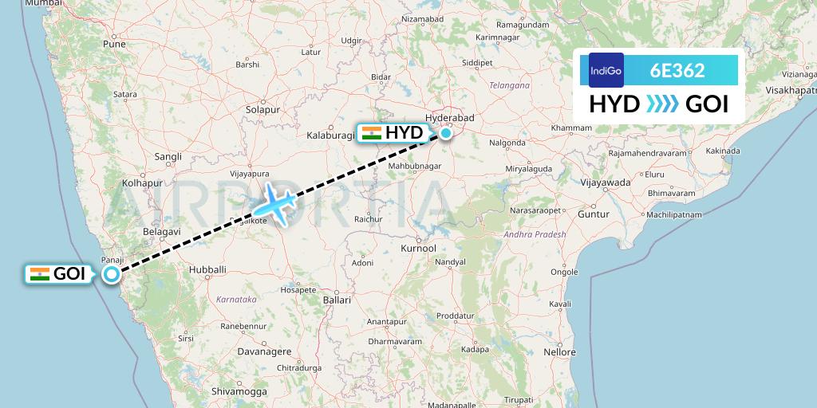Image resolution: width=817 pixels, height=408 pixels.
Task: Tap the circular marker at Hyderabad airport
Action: coord(445,133)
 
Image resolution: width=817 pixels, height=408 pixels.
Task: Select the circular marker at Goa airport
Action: coord(112,274)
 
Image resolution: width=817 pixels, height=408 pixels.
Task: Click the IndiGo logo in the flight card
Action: coord(606,70)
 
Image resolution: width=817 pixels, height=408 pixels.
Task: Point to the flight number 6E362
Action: coord(677,70)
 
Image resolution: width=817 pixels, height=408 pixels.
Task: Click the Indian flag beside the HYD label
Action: coord(371,133)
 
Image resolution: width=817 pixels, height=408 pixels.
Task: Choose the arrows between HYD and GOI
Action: coord(662,104)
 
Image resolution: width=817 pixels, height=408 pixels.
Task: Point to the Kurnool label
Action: coord(420,249)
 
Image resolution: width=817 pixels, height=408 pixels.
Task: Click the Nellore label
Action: coord(559,351)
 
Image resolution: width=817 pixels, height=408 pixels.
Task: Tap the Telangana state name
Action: coord(510,84)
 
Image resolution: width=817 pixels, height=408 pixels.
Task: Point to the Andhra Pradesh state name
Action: coord(535,234)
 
